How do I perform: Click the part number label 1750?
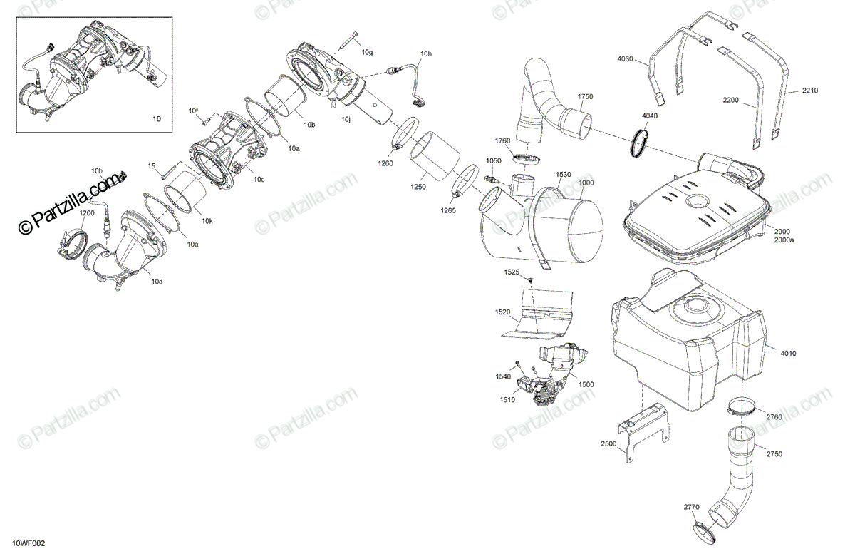click(585, 96)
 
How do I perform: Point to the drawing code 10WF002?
click(28, 543)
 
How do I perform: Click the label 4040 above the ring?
click(650, 116)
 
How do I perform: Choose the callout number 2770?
click(691, 507)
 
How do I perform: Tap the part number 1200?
click(86, 213)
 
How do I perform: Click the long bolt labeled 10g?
click(346, 42)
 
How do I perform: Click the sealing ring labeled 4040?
click(641, 144)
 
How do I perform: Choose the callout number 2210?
click(809, 91)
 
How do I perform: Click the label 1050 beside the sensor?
click(494, 161)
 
